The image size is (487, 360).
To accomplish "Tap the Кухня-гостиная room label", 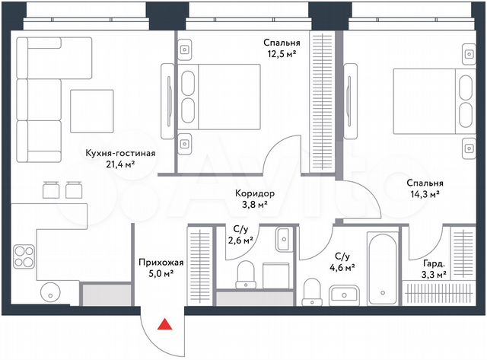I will [x=120, y=153].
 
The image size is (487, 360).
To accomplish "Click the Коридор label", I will [x=255, y=193].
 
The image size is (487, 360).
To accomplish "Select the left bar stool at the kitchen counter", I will [x=51, y=187].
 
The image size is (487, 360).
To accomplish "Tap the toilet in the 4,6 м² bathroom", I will [x=311, y=290].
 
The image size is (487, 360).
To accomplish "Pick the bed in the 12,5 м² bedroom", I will [x=217, y=96].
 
